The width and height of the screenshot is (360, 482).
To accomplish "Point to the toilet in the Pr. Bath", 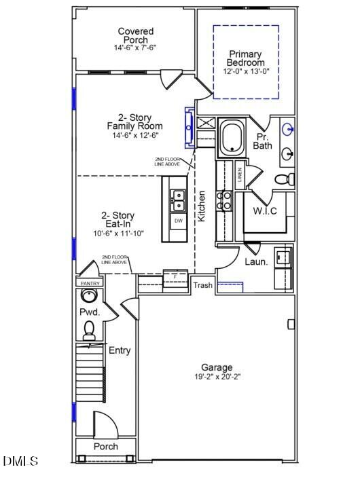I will [286, 179].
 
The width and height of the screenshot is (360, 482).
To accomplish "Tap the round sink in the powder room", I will [88, 296].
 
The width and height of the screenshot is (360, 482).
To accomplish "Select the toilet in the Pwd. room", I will [88, 331].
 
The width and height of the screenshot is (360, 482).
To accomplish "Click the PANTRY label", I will [90, 283].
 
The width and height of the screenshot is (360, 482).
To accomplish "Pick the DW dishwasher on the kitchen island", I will [179, 221].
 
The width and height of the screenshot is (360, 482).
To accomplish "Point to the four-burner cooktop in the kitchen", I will [223, 199].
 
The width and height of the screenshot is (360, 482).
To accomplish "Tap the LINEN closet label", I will [239, 176].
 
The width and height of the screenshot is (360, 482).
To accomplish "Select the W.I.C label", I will [265, 211].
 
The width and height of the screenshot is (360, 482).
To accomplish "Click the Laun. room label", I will [256, 261].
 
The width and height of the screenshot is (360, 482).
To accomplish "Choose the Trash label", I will [202, 285].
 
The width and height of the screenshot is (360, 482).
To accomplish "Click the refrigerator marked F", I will [175, 278].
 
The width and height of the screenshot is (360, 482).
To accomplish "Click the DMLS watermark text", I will [20, 462].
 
